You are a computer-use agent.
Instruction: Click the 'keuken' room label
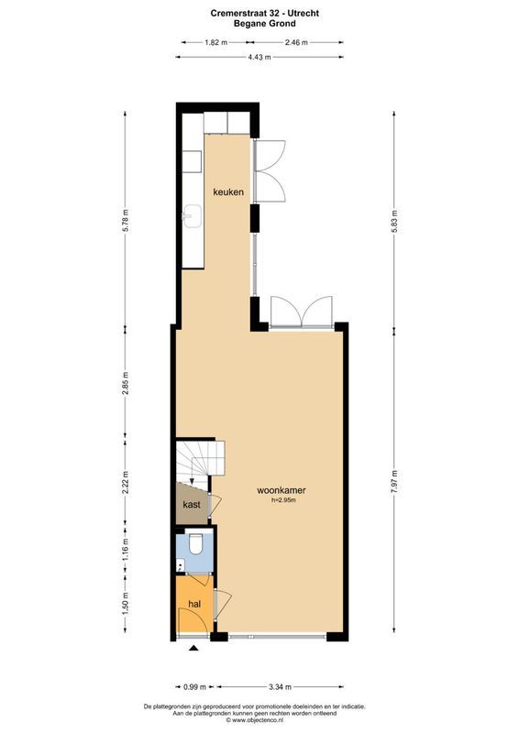click(x=227, y=192)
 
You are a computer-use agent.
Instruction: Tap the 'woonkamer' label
click(x=282, y=491)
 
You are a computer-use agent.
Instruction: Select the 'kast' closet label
click(x=192, y=505)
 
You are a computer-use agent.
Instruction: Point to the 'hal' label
click(x=194, y=605)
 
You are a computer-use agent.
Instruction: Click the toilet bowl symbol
click(x=193, y=549)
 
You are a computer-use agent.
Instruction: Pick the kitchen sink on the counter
click(x=193, y=215)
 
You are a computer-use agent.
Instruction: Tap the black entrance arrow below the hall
click(x=193, y=650)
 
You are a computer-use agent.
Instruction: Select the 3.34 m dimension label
click(x=280, y=686)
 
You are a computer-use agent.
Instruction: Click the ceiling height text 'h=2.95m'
click(x=282, y=501)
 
